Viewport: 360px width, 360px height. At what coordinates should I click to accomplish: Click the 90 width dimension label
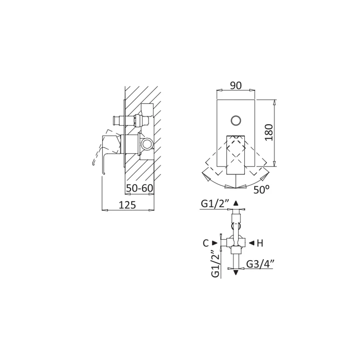click(x=236, y=85)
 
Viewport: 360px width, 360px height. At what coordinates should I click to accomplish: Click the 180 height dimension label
click(x=269, y=132)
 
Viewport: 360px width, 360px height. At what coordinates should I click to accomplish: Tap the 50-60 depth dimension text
click(x=139, y=189)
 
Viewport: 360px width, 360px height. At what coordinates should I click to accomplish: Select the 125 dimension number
click(x=127, y=205)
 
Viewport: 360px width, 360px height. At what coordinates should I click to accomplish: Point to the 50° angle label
click(x=261, y=189)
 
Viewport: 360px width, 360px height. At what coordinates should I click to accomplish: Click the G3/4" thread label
click(x=261, y=264)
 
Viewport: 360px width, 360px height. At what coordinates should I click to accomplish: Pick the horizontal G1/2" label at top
click(x=215, y=204)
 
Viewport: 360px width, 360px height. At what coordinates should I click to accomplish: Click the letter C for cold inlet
click(x=206, y=243)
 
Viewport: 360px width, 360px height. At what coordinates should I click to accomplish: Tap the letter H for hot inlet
click(x=260, y=243)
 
